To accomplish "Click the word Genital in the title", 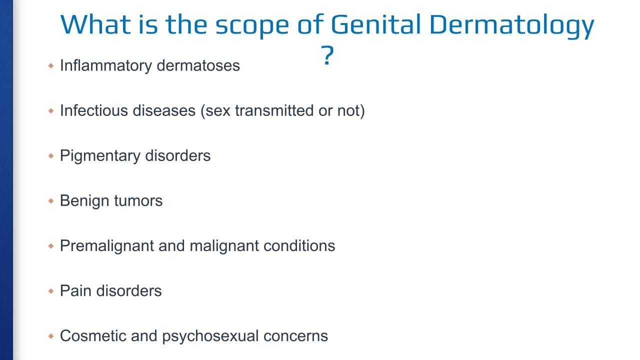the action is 375,24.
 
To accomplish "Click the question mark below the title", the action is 327,55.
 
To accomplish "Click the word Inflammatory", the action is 106,66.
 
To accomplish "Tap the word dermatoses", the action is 198,65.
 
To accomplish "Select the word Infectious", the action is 94,110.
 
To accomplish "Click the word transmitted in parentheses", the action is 274,110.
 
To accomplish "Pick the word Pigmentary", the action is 100,156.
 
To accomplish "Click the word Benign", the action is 84,201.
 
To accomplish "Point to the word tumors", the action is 138,201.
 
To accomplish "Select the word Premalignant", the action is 107,246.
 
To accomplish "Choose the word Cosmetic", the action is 93,335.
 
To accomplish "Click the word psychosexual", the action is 210,336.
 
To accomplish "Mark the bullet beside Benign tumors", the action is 51,201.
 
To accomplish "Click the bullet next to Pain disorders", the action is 51,291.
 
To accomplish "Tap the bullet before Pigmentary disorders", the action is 51,156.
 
